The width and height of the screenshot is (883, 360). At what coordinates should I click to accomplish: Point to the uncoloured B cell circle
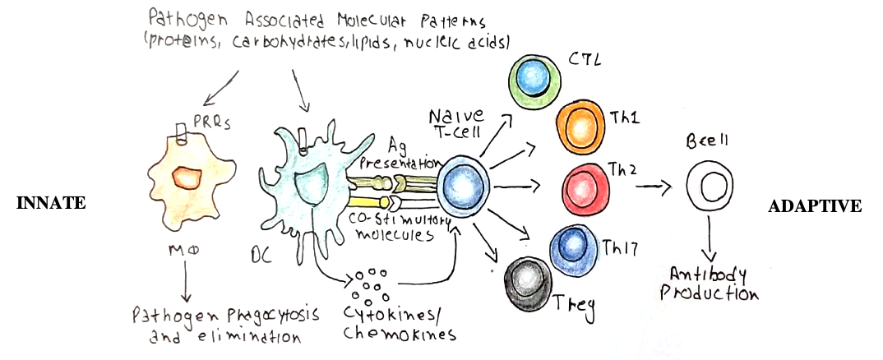709,187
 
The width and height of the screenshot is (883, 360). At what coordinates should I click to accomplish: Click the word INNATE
51,203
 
